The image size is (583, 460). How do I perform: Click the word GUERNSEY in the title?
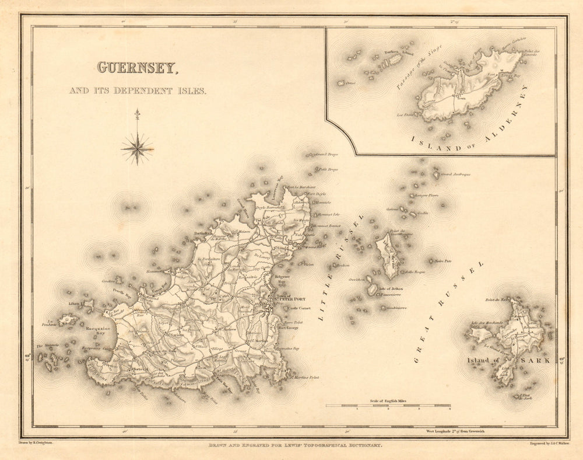[x=137, y=68]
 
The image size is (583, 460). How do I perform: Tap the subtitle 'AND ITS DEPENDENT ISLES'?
[x=137, y=90]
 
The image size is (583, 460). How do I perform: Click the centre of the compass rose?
[x=137, y=148]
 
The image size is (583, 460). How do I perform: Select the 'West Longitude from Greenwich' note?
[x=452, y=431]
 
